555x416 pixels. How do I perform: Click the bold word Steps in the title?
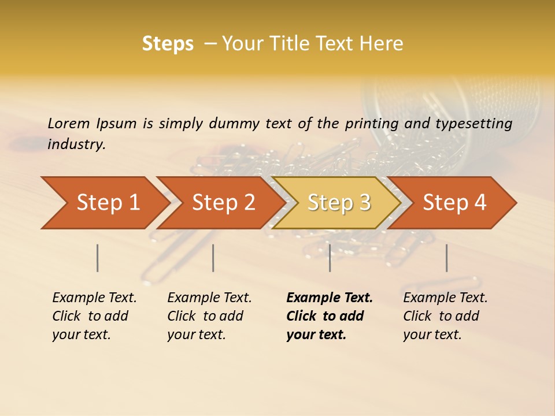pyautogui.click(x=168, y=44)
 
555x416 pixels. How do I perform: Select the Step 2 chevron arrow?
pyautogui.click(x=220, y=203)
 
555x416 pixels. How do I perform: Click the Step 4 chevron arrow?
pyautogui.click(x=453, y=203)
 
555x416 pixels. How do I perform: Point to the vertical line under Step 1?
pyautogui.click(x=97, y=258)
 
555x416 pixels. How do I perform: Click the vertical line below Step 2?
pyautogui.click(x=213, y=258)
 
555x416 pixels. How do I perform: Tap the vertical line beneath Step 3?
pyautogui.click(x=330, y=258)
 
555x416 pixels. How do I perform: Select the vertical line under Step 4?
pyautogui.click(x=446, y=258)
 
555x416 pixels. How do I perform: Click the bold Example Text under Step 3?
pyautogui.click(x=330, y=298)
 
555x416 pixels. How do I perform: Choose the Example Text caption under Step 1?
pyautogui.click(x=94, y=298)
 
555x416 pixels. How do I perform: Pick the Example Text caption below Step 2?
pyautogui.click(x=209, y=298)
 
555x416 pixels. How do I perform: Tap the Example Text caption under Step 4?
pyautogui.click(x=445, y=298)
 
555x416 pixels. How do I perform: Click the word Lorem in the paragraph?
pyautogui.click(x=69, y=124)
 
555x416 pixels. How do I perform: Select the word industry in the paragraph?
pyautogui.click(x=76, y=144)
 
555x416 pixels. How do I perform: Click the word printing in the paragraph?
pyautogui.click(x=372, y=124)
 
